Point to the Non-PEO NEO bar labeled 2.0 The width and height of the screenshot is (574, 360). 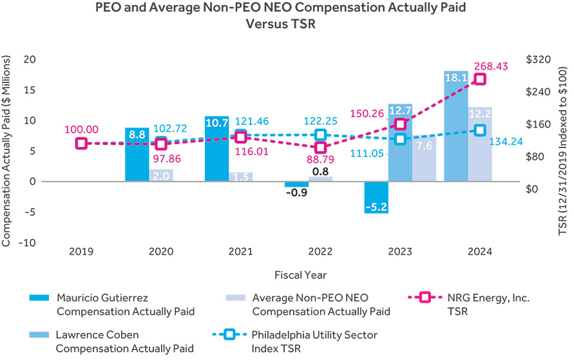(161, 175)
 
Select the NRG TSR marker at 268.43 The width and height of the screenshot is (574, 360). (480, 79)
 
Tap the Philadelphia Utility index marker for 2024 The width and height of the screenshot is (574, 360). (480, 131)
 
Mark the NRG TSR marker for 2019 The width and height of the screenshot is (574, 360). (81, 143)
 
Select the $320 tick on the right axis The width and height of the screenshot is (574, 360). (538, 59)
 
